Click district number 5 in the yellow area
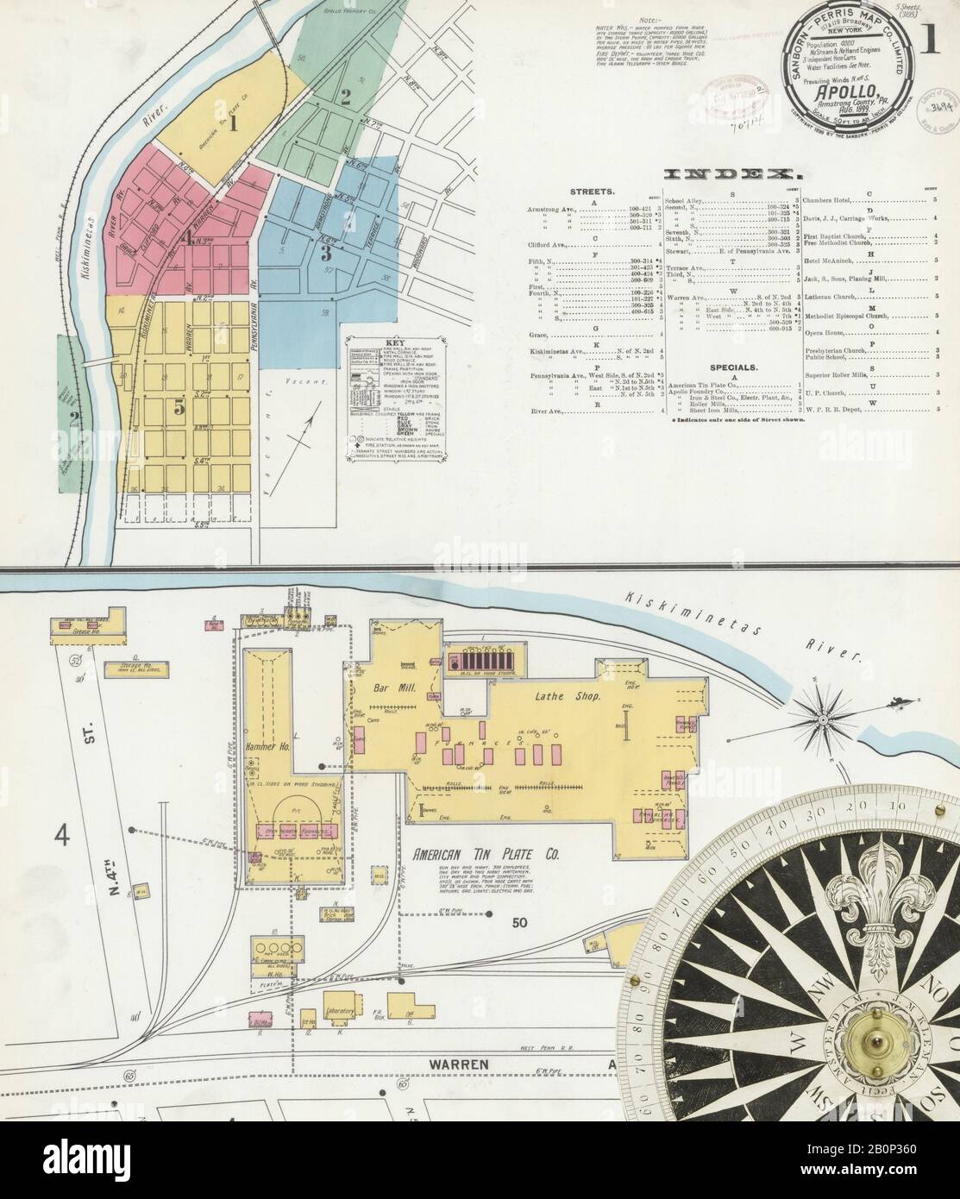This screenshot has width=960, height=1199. pos(179,409)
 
